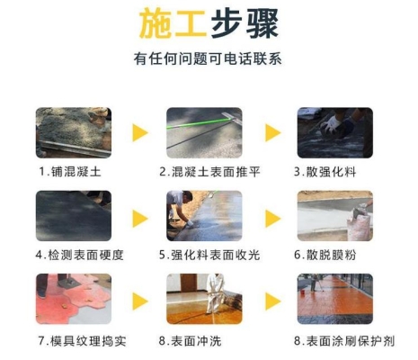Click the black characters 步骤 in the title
(243, 25)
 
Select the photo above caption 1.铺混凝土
(74, 132)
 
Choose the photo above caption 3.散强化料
(334, 132)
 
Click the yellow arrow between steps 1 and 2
(139, 133)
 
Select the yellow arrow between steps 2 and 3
(272, 133)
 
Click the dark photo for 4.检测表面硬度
(74, 216)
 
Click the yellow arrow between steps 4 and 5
(139, 217)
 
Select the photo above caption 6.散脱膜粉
(334, 216)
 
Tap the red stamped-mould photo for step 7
(74, 299)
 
